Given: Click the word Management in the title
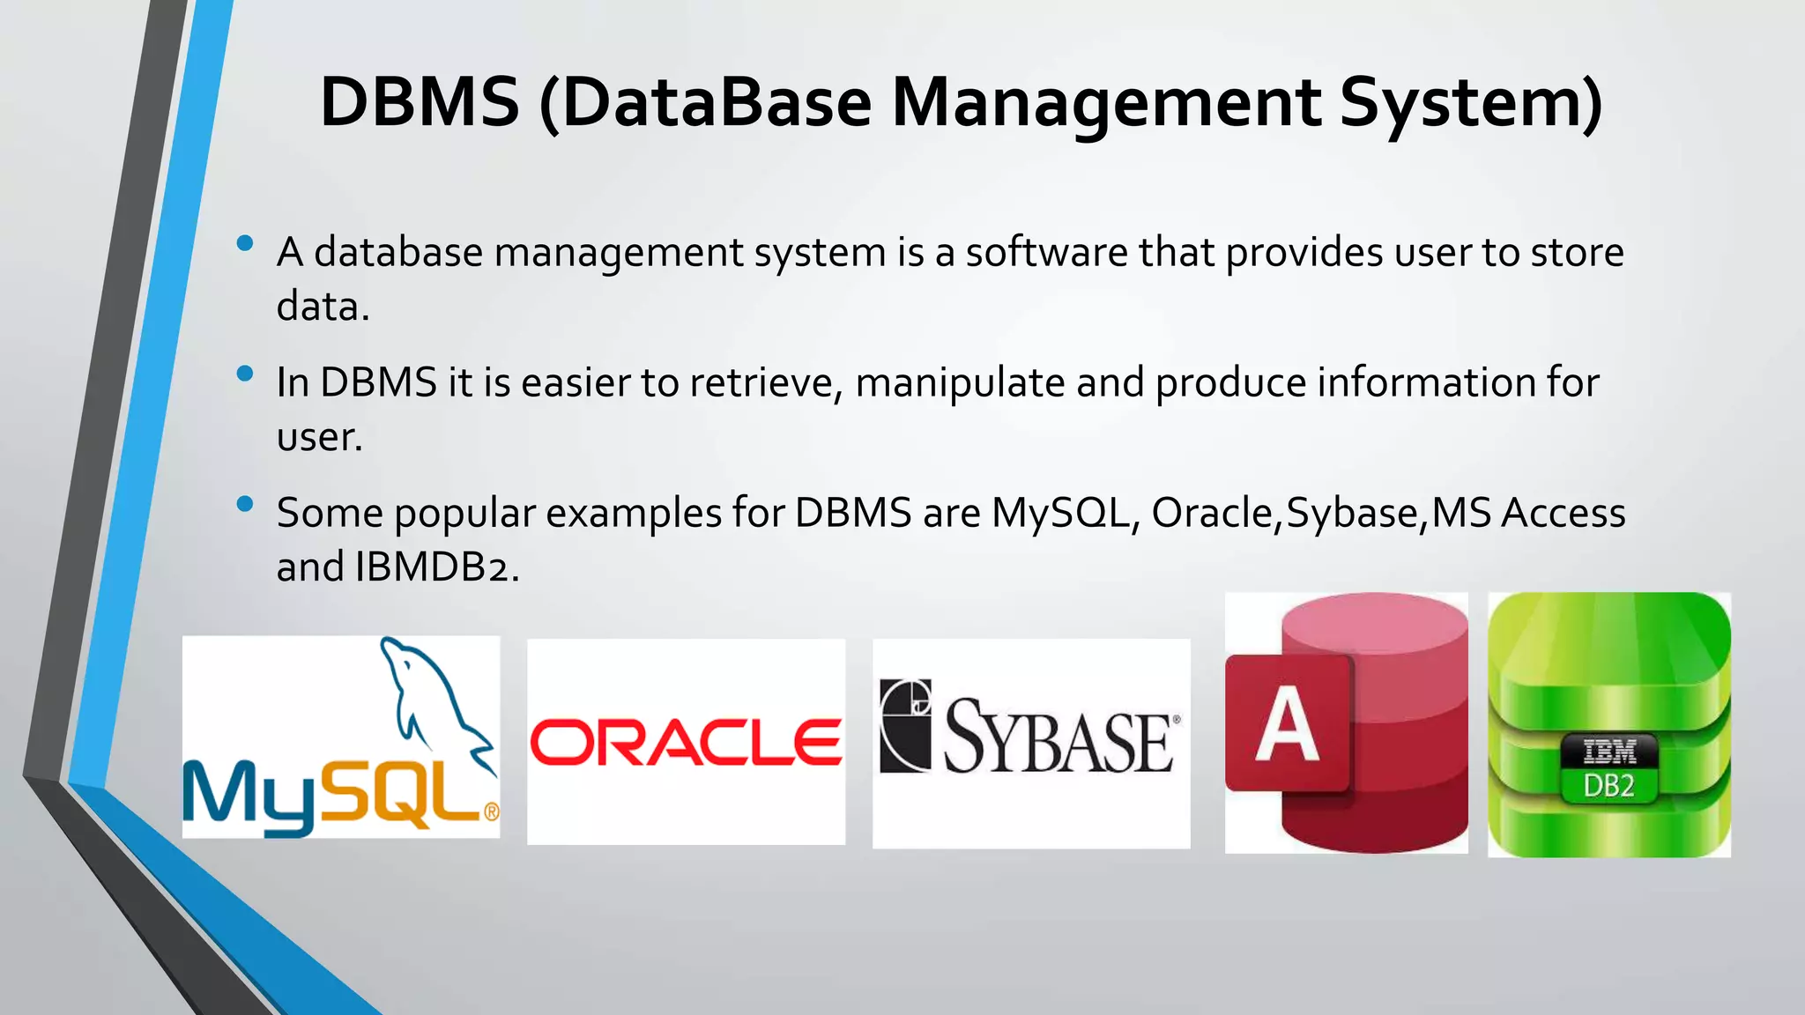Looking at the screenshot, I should tap(1106, 103).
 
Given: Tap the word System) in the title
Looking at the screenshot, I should tap(1470, 103).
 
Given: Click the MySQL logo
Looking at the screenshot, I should tap(340, 737).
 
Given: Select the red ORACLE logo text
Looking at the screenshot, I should tap(686, 742).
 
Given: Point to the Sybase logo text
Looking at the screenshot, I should tap(1059, 737).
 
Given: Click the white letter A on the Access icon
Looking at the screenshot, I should tap(1287, 724).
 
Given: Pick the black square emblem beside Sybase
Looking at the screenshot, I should tap(905, 725).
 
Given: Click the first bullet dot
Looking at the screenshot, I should tap(245, 243).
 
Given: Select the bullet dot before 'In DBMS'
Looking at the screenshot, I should tap(245, 374).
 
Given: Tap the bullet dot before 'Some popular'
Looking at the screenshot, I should tap(245, 504).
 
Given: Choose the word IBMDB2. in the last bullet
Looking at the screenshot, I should tap(437, 567).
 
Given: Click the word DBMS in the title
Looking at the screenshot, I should tap(420, 103).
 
